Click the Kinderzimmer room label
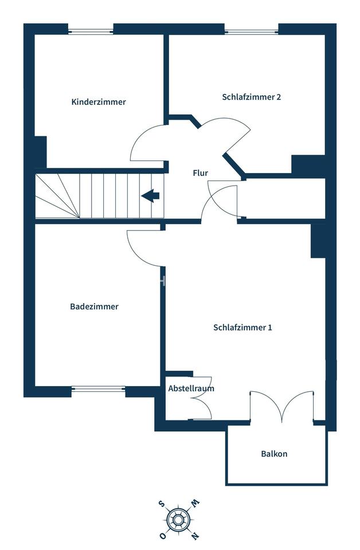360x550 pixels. pyautogui.click(x=99, y=102)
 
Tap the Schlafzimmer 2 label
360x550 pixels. pyautogui.click(x=251, y=97)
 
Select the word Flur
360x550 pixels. pyautogui.click(x=200, y=172)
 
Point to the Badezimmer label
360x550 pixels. pyautogui.click(x=94, y=307)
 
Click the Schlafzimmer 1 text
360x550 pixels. pyautogui.click(x=242, y=328)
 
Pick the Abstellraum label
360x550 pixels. pyautogui.click(x=191, y=388)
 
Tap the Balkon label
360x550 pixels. pyautogui.click(x=274, y=454)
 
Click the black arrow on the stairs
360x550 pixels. pyautogui.click(x=150, y=196)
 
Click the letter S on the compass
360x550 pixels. pyautogui.click(x=162, y=504)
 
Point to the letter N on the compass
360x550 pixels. pyautogui.click(x=195, y=536)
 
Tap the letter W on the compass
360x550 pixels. pyautogui.click(x=195, y=504)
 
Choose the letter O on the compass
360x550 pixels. pyautogui.click(x=162, y=536)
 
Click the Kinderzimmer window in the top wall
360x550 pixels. pyautogui.click(x=91, y=29)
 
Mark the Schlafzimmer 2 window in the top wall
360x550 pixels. pyautogui.click(x=251, y=29)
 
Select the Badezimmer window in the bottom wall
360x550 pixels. pyautogui.click(x=98, y=390)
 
